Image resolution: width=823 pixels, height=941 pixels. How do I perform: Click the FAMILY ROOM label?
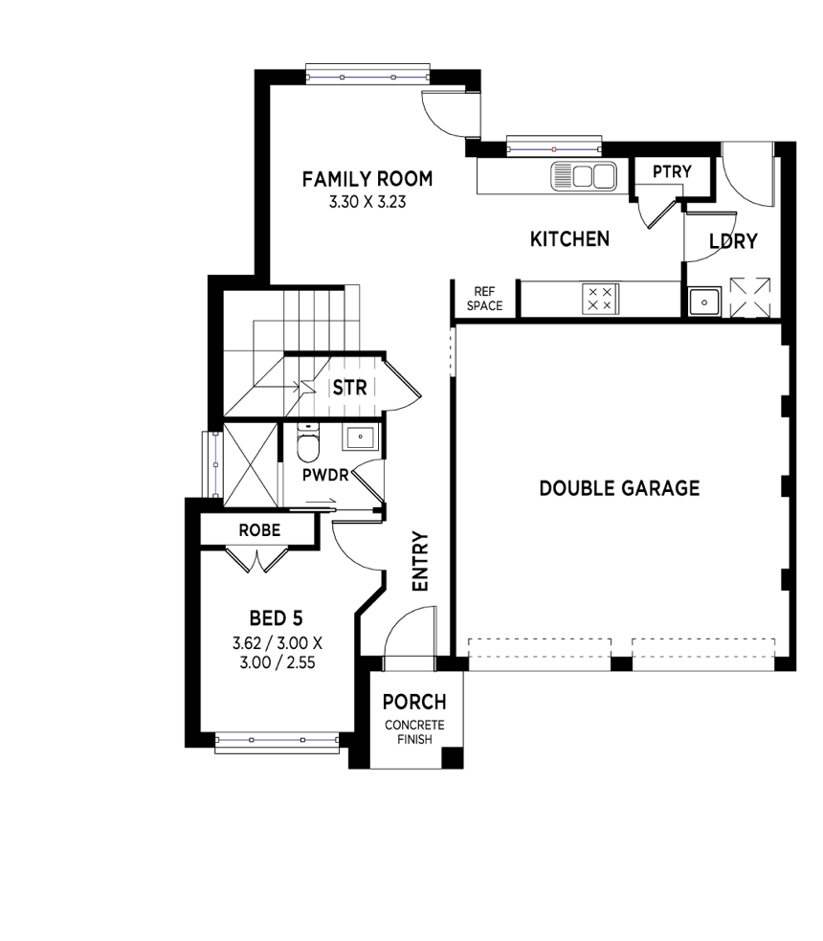[367, 179]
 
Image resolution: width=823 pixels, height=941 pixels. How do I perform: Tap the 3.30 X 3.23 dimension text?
[367, 202]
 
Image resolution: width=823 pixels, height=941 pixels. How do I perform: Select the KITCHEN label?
[569, 239]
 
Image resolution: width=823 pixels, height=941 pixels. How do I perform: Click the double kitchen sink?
[583, 176]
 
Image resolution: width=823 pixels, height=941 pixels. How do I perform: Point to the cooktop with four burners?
[600, 299]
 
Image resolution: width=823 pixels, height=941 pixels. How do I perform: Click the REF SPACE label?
[484, 299]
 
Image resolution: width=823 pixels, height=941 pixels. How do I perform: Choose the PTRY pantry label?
[672, 171]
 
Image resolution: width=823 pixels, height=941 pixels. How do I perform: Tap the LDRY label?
[733, 241]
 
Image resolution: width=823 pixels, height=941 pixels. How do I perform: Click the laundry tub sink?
[705, 302]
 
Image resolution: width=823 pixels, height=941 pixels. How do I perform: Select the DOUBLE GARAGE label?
[620, 488]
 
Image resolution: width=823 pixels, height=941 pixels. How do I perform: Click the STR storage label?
[349, 388]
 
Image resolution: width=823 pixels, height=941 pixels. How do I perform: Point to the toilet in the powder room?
[308, 443]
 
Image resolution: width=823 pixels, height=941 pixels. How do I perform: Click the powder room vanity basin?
[360, 437]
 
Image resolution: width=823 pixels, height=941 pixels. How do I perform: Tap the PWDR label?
[325, 476]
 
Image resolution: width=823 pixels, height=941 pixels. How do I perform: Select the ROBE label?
[259, 530]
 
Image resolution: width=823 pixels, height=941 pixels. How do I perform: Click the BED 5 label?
[276, 618]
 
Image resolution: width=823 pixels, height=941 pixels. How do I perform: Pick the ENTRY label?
[421, 562]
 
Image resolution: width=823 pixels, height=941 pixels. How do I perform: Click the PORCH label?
[414, 702]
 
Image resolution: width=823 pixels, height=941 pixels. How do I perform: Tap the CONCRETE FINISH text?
[414, 732]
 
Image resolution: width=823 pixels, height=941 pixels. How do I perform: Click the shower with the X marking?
[251, 465]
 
